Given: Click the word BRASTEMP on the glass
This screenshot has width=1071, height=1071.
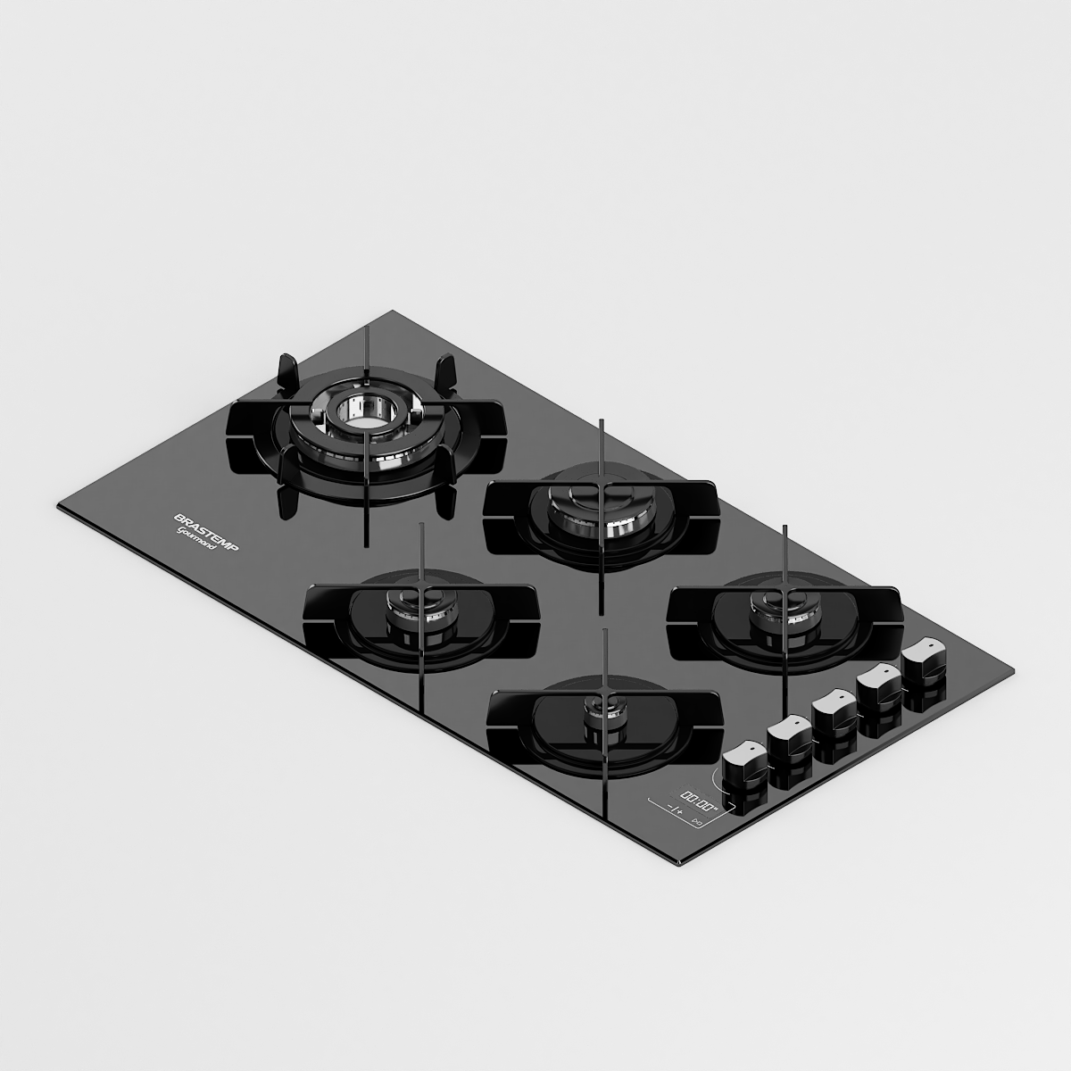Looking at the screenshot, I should [x=204, y=533].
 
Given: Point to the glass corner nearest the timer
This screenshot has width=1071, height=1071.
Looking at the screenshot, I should [x=680, y=863].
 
